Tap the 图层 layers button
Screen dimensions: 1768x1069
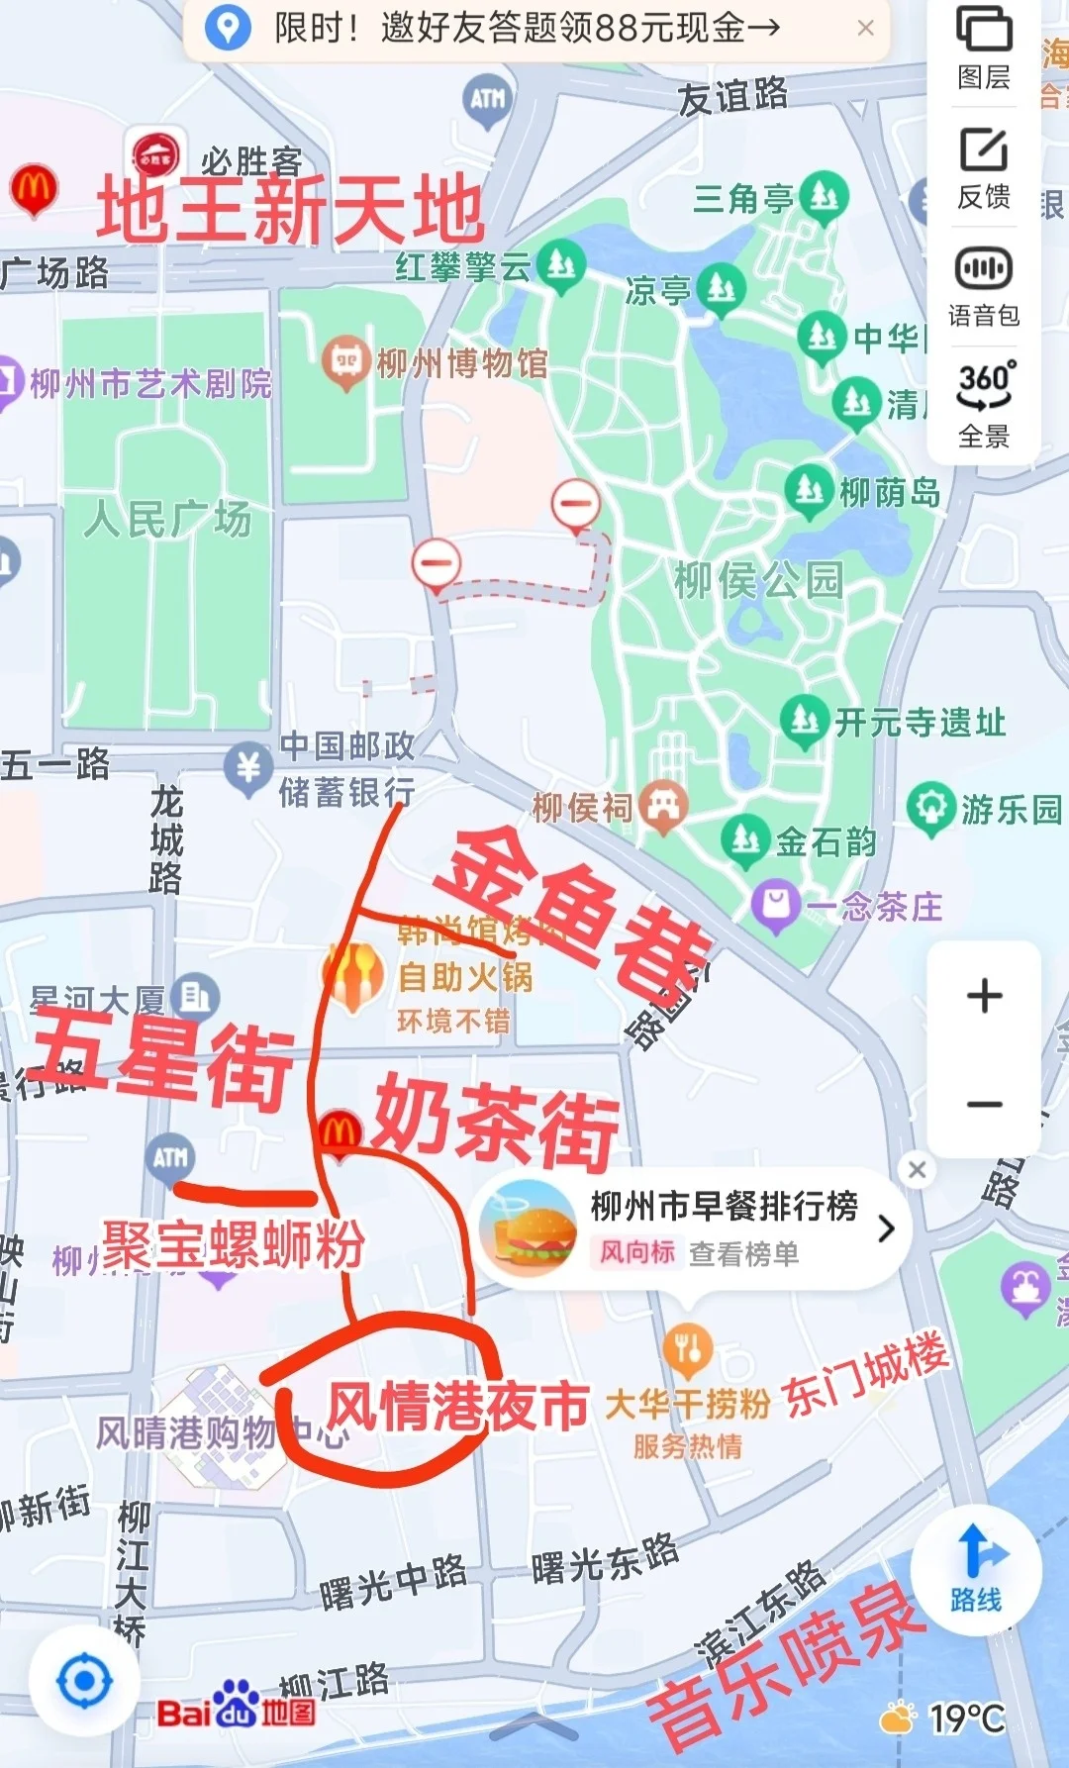click(x=983, y=48)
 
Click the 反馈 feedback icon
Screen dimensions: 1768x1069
click(x=983, y=166)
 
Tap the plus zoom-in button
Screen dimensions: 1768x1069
click(x=984, y=996)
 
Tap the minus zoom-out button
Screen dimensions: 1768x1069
click(x=984, y=1104)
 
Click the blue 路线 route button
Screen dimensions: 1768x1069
click(x=976, y=1568)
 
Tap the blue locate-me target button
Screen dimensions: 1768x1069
click(x=84, y=1680)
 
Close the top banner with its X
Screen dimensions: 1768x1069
click(x=865, y=28)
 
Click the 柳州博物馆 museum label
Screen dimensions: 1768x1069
click(x=461, y=363)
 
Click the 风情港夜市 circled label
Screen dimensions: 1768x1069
click(x=457, y=1406)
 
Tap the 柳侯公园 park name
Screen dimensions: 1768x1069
click(x=758, y=580)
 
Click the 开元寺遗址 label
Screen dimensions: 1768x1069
click(x=920, y=723)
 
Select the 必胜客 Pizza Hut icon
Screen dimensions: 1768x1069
click(x=155, y=156)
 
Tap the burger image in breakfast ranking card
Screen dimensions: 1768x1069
click(x=528, y=1228)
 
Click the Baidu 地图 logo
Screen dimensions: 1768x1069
click(x=237, y=1712)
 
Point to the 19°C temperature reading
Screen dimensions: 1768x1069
click(x=966, y=1719)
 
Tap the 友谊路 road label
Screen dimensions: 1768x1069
click(x=732, y=97)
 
